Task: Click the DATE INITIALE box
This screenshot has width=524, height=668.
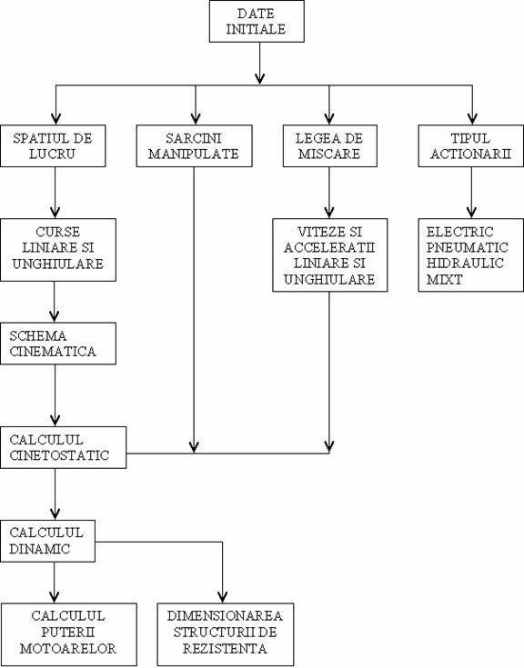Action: click(x=257, y=21)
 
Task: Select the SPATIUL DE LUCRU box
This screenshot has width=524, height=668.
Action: click(x=53, y=145)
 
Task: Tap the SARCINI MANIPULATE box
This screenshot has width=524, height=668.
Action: click(x=195, y=145)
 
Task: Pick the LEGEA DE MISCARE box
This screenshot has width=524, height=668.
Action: click(x=330, y=145)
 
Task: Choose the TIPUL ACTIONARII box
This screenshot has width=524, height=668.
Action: click(x=470, y=145)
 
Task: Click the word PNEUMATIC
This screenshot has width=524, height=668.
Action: click(x=468, y=247)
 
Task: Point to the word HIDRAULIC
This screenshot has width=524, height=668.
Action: click(x=465, y=264)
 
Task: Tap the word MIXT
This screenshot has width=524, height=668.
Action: click(x=444, y=280)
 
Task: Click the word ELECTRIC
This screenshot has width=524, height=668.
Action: click(x=459, y=232)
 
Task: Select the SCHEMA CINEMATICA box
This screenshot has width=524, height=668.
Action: click(x=58, y=344)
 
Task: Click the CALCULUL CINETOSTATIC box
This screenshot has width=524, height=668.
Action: click(x=63, y=447)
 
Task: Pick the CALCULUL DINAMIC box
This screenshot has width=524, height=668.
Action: click(x=47, y=541)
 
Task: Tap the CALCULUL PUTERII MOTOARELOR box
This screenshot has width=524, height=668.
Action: click(x=68, y=634)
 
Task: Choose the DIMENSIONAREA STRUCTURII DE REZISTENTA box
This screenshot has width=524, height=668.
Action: click(x=226, y=634)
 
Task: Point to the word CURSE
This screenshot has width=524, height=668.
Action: click(x=58, y=232)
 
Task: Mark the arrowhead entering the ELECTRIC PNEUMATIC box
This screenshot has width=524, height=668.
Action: click(x=471, y=213)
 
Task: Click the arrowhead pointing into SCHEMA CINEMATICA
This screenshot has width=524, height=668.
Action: click(x=55, y=316)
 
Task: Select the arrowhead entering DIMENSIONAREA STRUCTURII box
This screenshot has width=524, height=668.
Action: click(x=222, y=597)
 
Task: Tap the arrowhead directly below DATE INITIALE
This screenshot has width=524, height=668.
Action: click(x=259, y=78)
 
